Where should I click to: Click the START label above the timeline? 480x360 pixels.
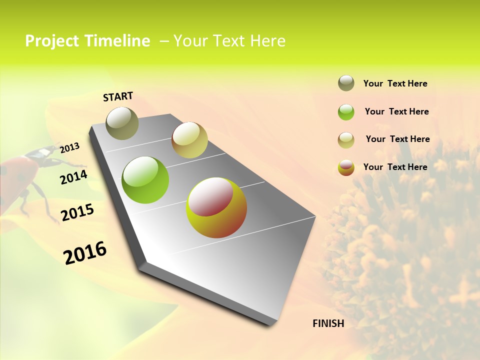click(118, 96)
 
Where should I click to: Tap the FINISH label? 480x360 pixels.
click(328, 323)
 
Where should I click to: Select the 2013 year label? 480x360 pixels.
click(70, 148)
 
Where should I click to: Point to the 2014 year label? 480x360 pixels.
click(74, 177)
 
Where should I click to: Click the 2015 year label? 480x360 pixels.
click(77, 212)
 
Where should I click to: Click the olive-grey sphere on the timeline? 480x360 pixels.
click(122, 123)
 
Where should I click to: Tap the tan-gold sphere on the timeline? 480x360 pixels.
click(189, 140)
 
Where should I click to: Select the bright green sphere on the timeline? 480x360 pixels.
click(145, 180)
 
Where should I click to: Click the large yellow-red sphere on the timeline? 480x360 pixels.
click(216, 207)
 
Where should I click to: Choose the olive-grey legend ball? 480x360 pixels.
click(346, 83)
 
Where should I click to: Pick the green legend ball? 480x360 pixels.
click(346, 112)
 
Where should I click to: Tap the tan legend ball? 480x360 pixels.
click(346, 140)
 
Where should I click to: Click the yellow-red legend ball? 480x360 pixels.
click(346, 167)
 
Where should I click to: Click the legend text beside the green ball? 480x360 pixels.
click(396, 111)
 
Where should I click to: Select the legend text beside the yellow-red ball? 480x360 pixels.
click(395, 167)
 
